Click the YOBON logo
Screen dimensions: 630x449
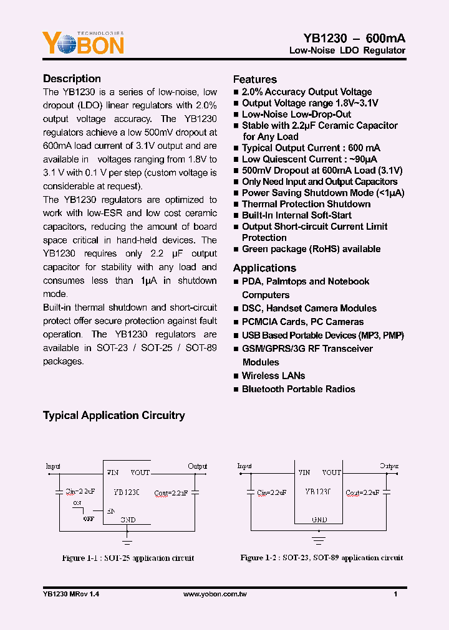tap(83, 42)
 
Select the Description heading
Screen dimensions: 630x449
tap(72, 78)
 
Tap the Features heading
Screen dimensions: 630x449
tap(254, 79)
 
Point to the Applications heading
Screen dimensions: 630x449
tap(264, 268)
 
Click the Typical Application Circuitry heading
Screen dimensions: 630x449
tap(113, 415)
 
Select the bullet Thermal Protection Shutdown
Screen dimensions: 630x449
tap(306, 204)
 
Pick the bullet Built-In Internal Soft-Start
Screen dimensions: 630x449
tap(296, 215)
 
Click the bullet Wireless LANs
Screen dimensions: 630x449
tap(273, 375)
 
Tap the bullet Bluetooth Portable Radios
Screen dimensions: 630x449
tap(298, 388)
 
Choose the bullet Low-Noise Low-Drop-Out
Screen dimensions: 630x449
tap(296, 114)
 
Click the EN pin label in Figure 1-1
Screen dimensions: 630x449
tap(110, 510)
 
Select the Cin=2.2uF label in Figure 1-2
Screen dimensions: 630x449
tap(269, 492)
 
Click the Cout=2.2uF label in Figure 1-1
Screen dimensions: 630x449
tap(170, 492)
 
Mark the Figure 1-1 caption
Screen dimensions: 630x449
tap(128, 558)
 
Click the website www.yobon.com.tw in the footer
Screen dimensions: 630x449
tap(215, 595)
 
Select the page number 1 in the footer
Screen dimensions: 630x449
tap(395, 595)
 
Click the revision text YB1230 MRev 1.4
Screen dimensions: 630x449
tap(71, 595)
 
